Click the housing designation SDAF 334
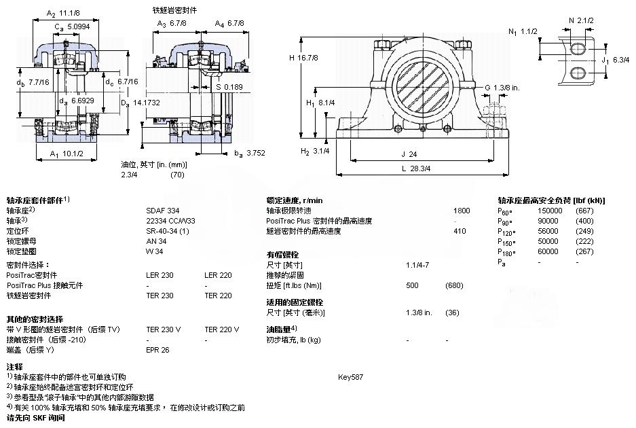160,211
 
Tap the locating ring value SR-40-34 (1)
166,231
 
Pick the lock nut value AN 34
155,241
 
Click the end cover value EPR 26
158,350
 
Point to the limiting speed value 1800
462,211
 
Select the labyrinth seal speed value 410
461,231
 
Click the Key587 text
351,376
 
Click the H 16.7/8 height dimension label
303,58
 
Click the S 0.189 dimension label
229,87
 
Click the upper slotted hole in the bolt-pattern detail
578,48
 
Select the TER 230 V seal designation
164,329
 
